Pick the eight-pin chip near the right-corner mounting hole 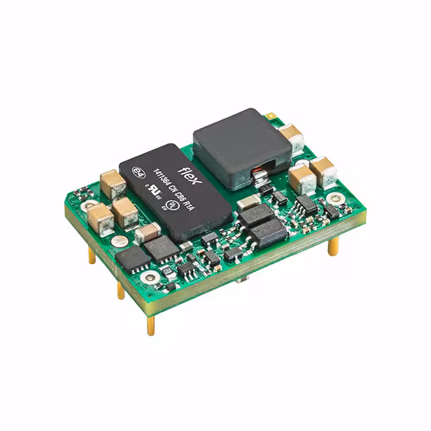[x=307, y=203]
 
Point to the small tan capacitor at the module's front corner [x=147, y=234]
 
